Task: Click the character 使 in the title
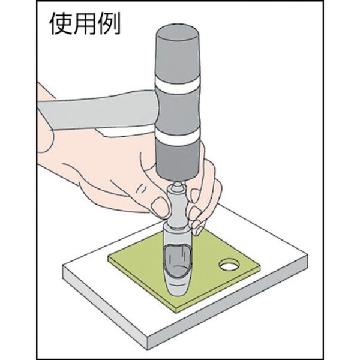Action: [61, 23]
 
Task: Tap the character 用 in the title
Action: [85, 23]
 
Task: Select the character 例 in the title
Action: [109, 23]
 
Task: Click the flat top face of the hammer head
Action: [177, 33]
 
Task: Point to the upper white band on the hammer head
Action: [176, 85]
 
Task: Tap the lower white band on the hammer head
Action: [177, 137]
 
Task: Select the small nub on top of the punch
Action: [177, 185]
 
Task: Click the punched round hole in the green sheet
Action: [229, 265]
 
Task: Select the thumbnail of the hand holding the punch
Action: [160, 206]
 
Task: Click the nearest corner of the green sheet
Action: [176, 312]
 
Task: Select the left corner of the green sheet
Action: [109, 257]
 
